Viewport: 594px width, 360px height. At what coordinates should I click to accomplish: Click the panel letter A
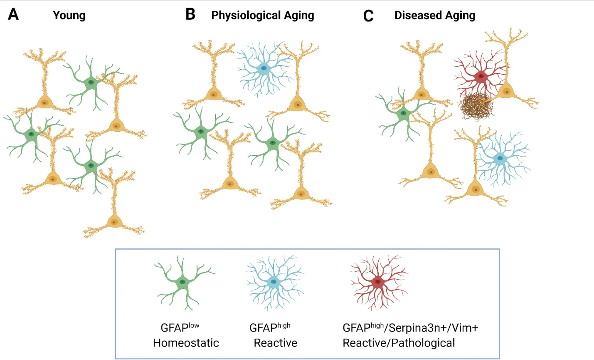[13, 14]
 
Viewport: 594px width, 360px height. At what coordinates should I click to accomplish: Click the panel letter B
[190, 14]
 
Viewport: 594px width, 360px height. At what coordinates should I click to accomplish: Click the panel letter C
[368, 16]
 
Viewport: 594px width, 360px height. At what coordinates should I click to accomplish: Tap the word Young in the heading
[69, 15]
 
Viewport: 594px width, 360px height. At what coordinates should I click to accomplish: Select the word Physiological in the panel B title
[246, 15]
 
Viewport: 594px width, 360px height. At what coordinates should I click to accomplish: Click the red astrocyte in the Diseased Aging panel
[480, 76]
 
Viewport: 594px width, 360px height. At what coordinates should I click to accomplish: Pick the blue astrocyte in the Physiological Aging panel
[263, 69]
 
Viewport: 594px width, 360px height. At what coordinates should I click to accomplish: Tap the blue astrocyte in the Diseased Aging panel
[500, 158]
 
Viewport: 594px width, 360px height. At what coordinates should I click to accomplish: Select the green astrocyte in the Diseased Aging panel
[403, 113]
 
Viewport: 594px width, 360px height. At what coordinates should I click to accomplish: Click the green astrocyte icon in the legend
[182, 282]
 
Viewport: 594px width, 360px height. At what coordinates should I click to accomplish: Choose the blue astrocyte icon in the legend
[274, 282]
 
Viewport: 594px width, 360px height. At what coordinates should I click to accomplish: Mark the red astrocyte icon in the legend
[378, 282]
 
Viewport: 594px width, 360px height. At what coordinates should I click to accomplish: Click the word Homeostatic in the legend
[186, 343]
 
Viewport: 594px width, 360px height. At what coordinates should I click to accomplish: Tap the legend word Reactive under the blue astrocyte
[275, 343]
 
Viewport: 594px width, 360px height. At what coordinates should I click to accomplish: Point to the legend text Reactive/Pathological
[398, 343]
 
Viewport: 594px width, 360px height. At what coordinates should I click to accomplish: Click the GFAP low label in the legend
[180, 327]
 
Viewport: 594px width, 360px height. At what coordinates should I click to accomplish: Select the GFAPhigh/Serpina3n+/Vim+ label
[410, 328]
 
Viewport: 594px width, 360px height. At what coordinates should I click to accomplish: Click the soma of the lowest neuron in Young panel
[114, 222]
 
